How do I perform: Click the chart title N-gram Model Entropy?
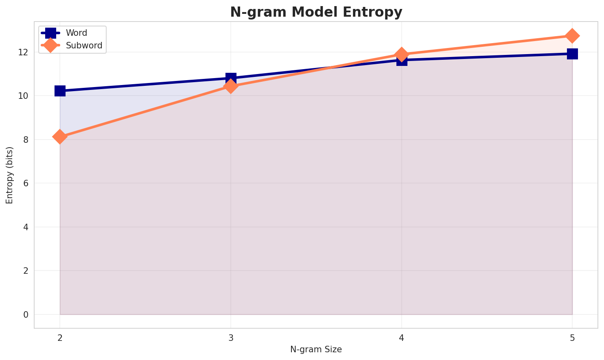316,12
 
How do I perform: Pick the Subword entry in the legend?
84,46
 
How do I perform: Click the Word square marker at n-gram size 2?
60,91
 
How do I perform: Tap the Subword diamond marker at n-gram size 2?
60,137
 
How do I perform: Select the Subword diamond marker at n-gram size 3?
231,86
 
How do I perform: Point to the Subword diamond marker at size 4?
402,54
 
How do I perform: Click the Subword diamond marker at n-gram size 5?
572,36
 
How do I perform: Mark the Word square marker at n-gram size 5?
572,54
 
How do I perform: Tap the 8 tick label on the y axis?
26,140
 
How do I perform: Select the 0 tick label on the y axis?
26,314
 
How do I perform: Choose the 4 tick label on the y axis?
26,227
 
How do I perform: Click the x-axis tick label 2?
60,337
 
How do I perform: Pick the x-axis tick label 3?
231,337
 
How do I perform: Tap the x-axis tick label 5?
572,337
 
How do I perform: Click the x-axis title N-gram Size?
316,349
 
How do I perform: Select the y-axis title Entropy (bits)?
10,175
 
